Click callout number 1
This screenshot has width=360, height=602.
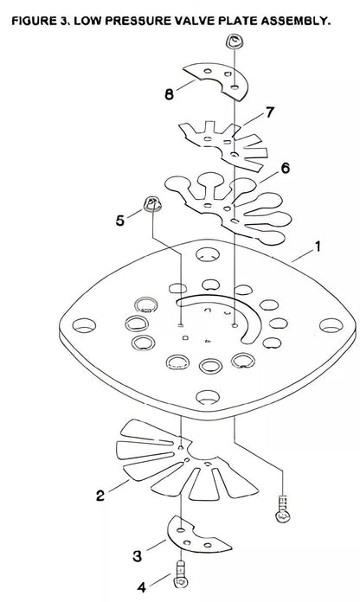317,247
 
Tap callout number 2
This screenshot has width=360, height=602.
100,496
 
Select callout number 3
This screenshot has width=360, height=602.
137,556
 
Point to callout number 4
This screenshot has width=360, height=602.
142,587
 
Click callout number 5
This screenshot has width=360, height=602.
120,221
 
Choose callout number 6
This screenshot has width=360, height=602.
286,168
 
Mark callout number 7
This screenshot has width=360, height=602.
270,112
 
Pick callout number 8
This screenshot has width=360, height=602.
169,94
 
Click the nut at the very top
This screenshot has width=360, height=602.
234,41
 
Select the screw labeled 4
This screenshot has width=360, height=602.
180,574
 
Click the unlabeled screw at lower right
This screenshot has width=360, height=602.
283,509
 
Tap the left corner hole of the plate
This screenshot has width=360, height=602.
84,325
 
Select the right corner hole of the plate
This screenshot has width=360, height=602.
331,325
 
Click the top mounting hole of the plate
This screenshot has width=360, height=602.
208,254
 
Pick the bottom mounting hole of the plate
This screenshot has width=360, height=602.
208,397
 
